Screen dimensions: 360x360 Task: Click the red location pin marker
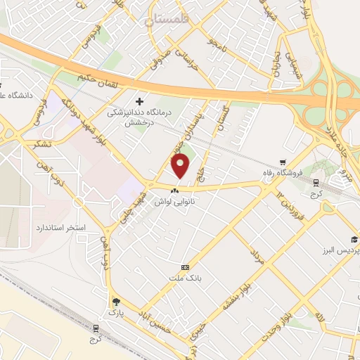(181, 167)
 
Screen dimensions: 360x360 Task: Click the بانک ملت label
(186, 278)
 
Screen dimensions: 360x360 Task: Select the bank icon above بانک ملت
(186, 267)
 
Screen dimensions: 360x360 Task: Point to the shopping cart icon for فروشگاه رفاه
(283, 160)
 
